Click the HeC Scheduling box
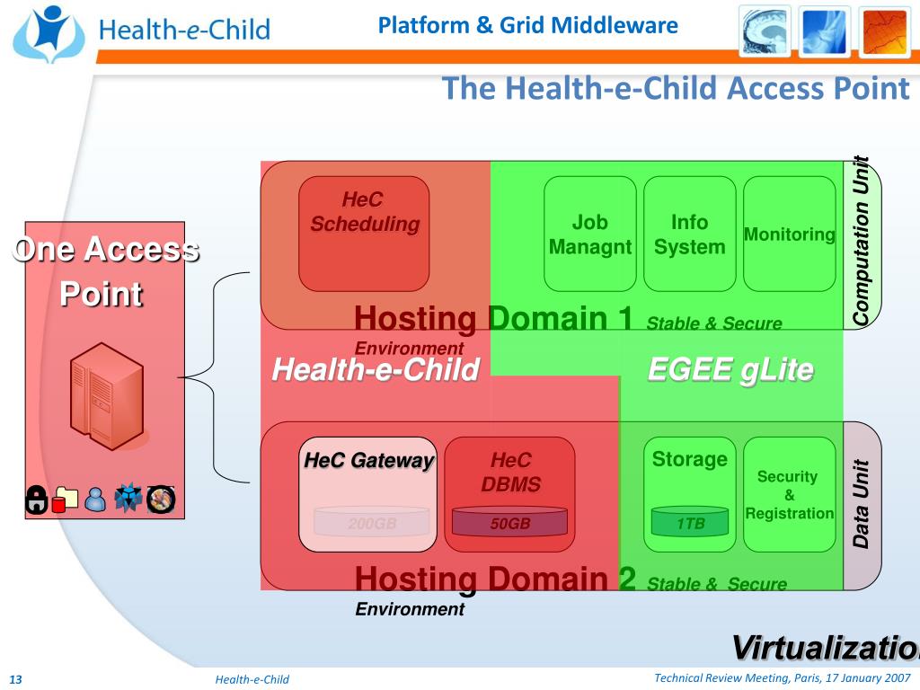(364, 234)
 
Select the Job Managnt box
(590, 234)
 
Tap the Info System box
(689, 234)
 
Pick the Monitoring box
(790, 234)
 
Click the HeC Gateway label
(368, 461)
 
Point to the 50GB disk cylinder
(509, 522)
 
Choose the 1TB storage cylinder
(690, 522)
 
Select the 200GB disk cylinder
(372, 522)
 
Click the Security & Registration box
(789, 494)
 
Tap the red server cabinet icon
(107, 396)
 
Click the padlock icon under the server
(36, 500)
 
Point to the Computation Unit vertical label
(862, 241)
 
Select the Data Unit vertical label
(862, 504)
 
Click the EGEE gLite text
(730, 369)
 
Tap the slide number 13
(14, 679)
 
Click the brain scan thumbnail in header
(765, 31)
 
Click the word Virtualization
(823, 648)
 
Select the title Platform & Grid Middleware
(527, 25)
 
